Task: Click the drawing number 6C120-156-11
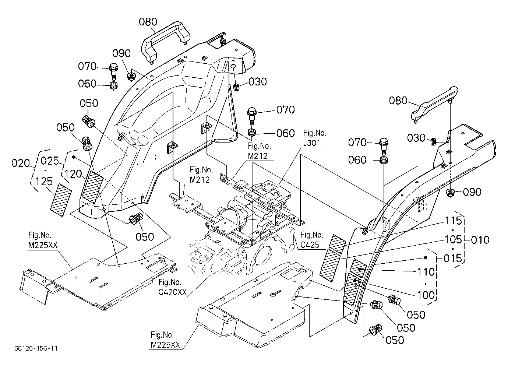36,348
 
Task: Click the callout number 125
44,182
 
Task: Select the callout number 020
21,164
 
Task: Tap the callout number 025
50,161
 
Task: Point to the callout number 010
480,240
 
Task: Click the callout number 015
453,258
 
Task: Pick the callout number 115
454,221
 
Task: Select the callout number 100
426,295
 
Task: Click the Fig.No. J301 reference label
314,138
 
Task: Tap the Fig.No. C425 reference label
311,240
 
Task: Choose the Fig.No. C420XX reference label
173,287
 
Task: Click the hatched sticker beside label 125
60,200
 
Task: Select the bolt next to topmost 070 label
113,71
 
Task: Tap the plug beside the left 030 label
236,87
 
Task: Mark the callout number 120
73,174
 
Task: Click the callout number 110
426,272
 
